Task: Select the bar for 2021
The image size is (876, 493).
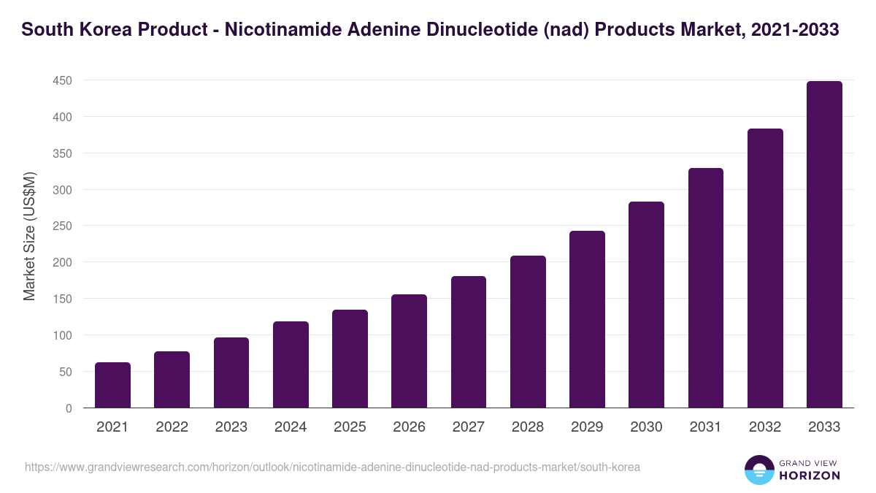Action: click(x=112, y=385)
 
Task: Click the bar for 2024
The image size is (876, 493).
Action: click(x=291, y=364)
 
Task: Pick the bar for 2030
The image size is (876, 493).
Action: click(x=646, y=305)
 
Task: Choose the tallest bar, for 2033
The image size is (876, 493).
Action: click(x=824, y=244)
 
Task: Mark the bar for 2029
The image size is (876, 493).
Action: click(x=587, y=319)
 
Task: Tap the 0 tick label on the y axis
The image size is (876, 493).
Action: click(x=69, y=408)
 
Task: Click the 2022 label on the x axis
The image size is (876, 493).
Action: click(x=172, y=427)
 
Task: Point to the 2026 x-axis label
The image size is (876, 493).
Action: click(x=409, y=427)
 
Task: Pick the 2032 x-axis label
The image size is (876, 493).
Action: click(x=765, y=427)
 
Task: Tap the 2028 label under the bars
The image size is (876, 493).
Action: click(x=528, y=427)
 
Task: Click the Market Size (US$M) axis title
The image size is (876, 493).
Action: click(x=29, y=236)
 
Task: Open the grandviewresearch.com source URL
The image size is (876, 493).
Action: click(x=332, y=467)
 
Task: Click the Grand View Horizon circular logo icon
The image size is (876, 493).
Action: click(x=758, y=470)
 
